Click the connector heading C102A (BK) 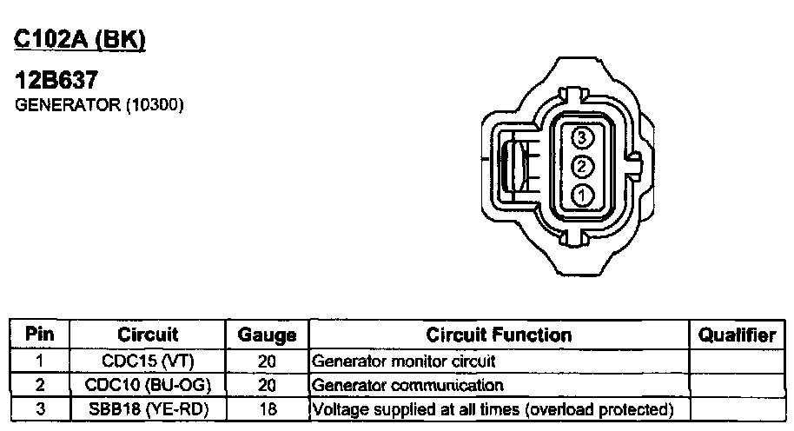[x=80, y=39]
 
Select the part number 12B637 [x=56, y=80]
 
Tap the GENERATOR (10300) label [x=99, y=105]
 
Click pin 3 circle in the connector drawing [x=582, y=137]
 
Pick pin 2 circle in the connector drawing [x=582, y=166]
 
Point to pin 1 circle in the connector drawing [x=582, y=195]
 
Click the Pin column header [x=39, y=335]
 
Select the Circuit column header [x=148, y=335]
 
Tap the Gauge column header [x=267, y=335]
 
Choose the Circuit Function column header [x=499, y=335]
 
